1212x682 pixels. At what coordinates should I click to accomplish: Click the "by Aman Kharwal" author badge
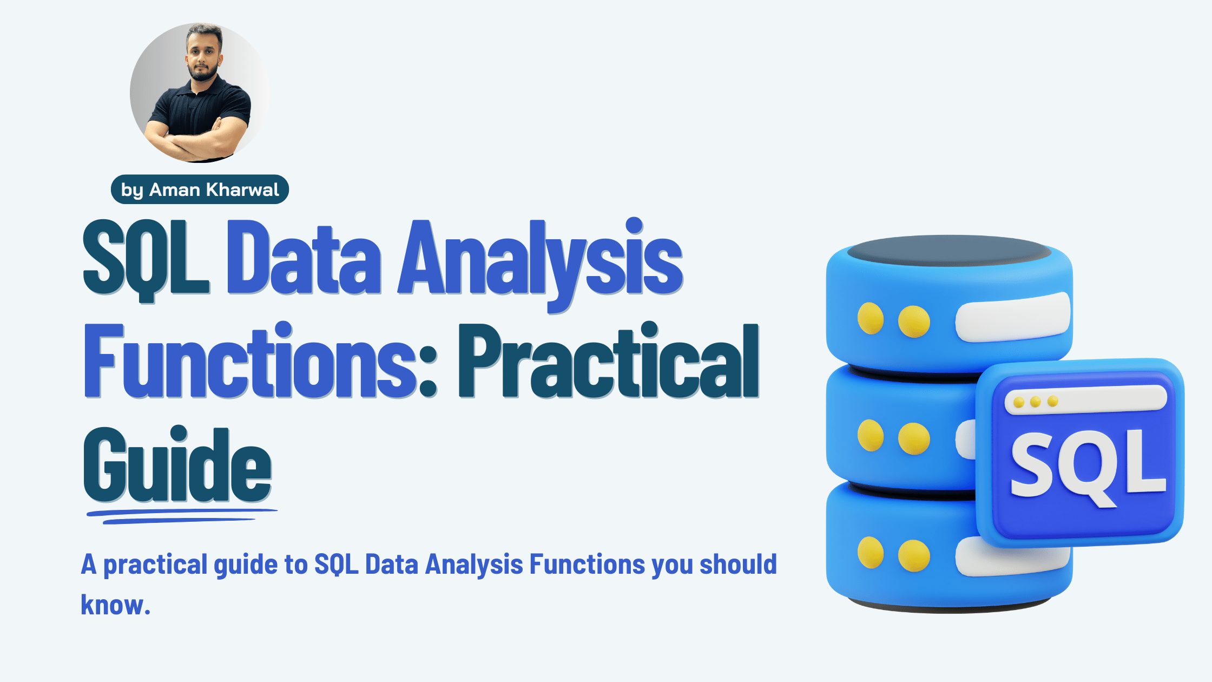(200, 189)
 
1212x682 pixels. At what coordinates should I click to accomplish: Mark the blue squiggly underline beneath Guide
(181, 515)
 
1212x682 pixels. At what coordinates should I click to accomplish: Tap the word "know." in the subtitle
(115, 605)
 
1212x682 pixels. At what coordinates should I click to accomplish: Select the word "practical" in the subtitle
(155, 565)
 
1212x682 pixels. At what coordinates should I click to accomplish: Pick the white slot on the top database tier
(1012, 318)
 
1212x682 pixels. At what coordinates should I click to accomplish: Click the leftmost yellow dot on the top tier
(871, 318)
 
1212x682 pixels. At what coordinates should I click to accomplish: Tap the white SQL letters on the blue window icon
(1088, 465)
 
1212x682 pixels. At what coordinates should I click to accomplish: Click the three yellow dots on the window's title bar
(1035, 402)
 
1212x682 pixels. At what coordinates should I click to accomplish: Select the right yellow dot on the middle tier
(914, 438)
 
